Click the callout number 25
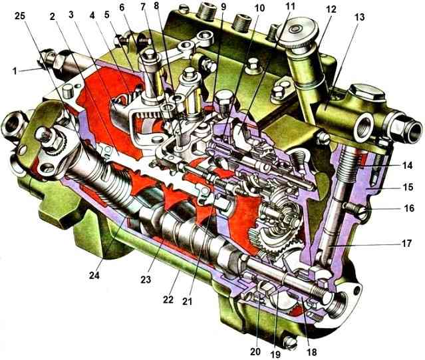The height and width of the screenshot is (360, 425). click(20, 16)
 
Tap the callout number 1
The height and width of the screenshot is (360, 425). click(15, 71)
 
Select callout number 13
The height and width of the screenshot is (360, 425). click(359, 17)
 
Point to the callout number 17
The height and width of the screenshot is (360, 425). click(406, 243)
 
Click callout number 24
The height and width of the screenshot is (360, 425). click(94, 275)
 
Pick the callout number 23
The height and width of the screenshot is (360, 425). click(146, 279)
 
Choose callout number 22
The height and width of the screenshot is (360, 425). click(168, 299)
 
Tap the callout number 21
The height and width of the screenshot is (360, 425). click(187, 301)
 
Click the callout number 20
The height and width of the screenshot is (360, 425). click(255, 351)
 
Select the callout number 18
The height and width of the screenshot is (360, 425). click(312, 352)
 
